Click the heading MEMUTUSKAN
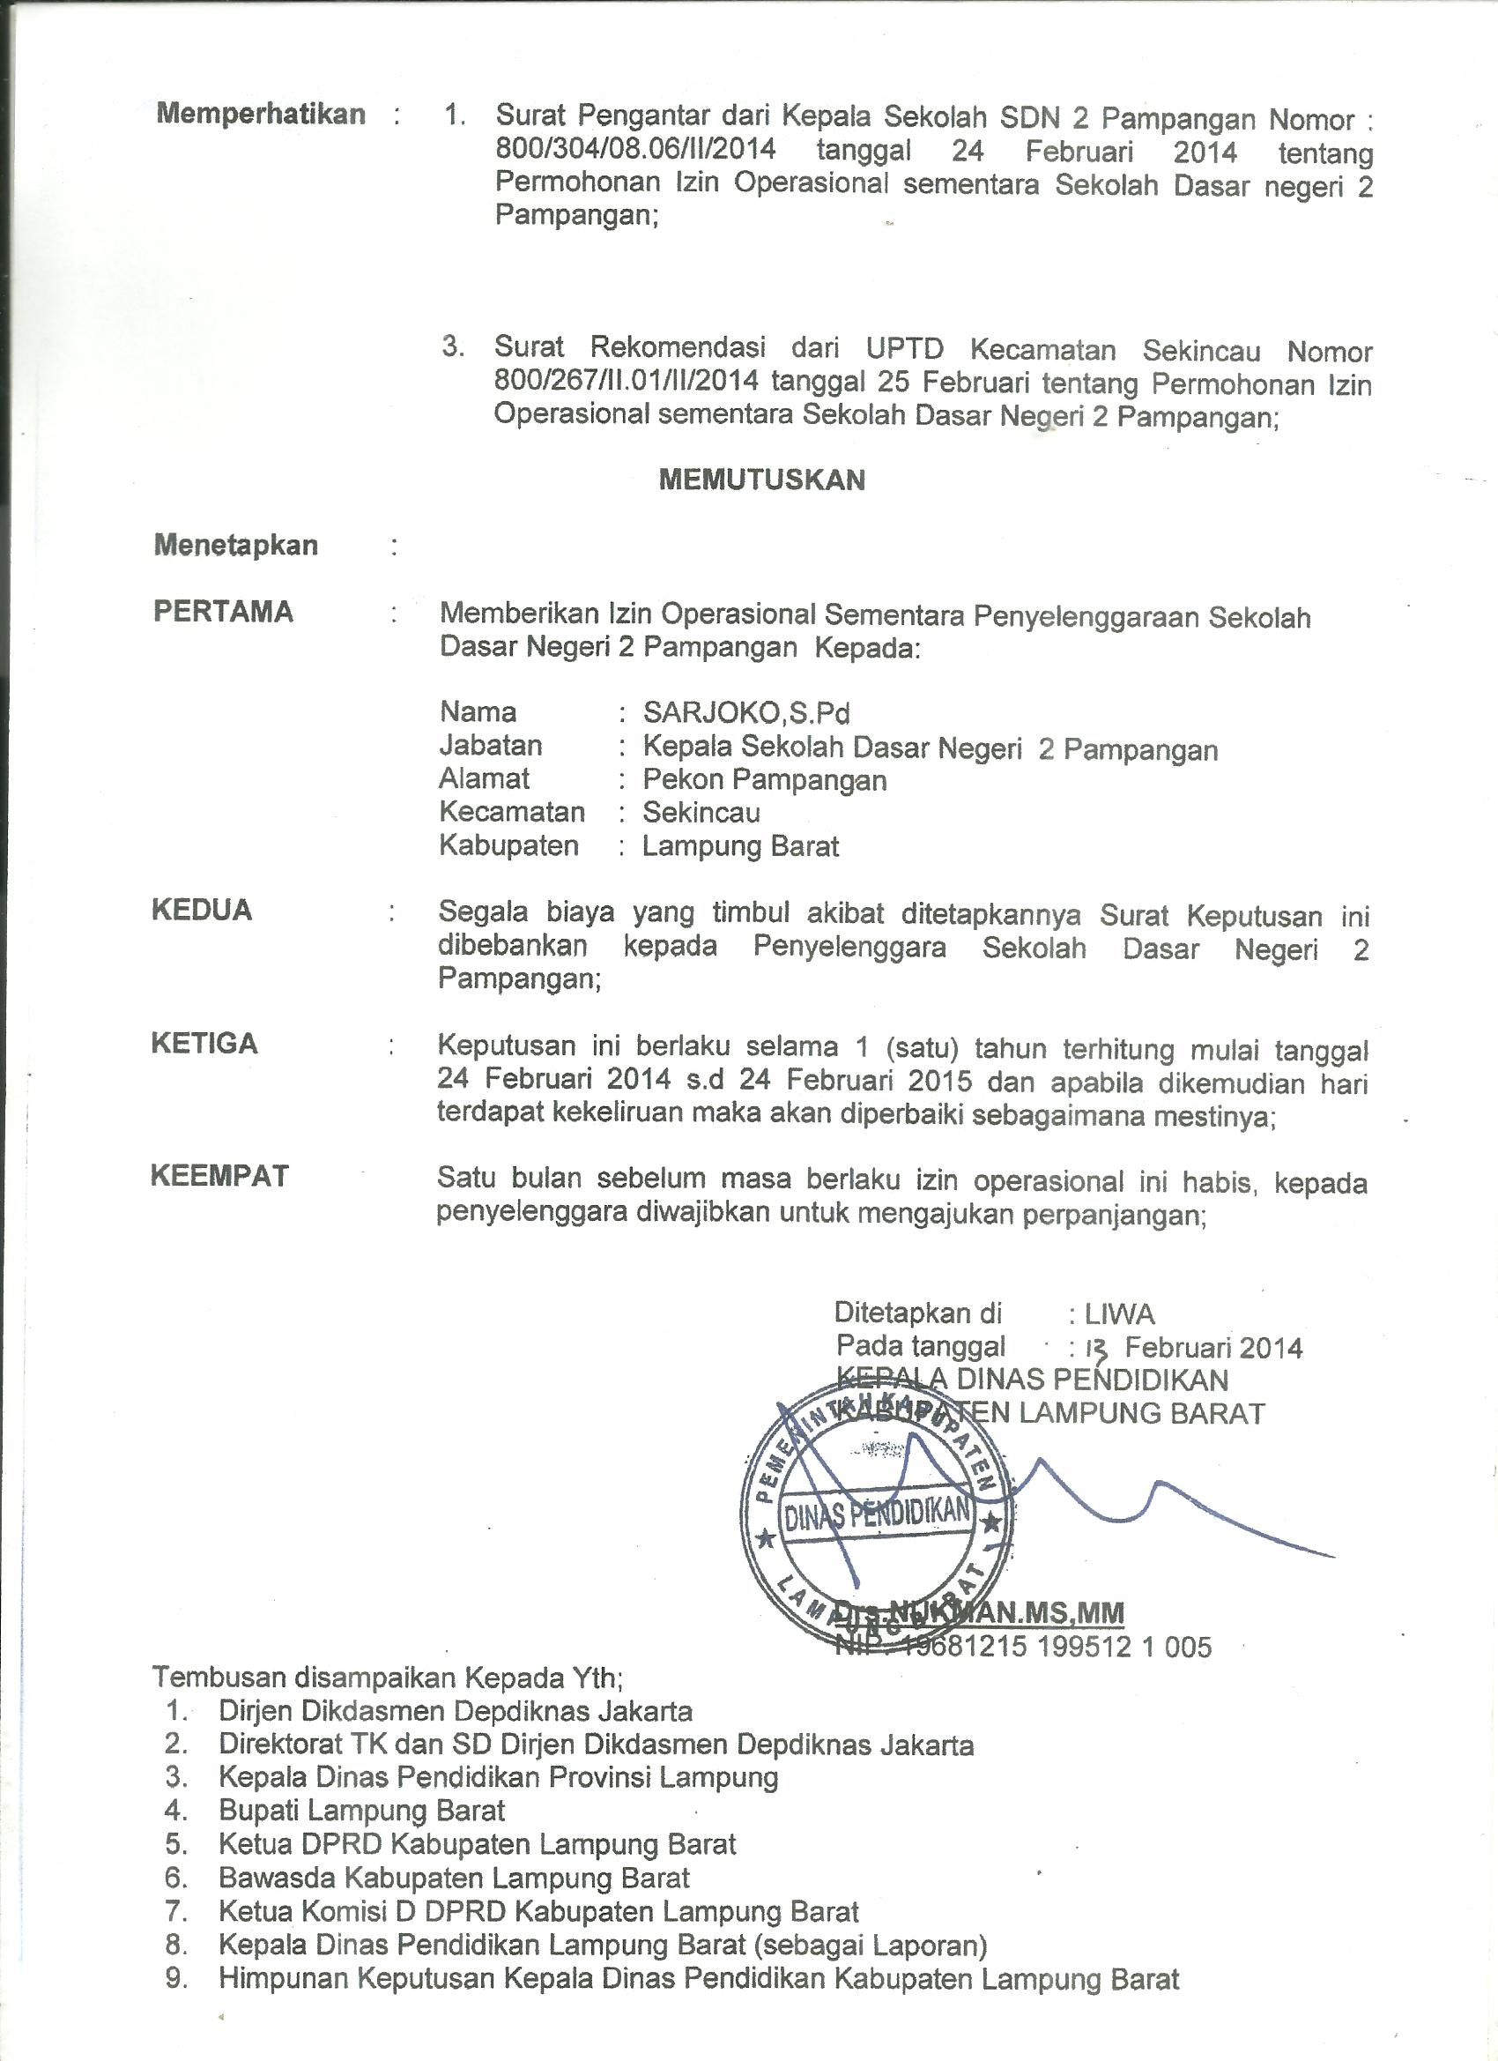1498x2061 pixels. point(761,480)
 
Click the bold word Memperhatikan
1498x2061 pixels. point(261,115)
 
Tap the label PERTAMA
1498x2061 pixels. point(224,612)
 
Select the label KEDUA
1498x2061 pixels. point(202,911)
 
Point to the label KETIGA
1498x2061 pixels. point(204,1043)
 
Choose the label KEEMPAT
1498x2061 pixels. point(219,1176)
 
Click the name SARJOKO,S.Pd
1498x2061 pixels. point(746,713)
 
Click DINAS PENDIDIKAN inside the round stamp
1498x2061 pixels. point(878,1513)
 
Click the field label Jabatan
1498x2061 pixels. point(491,746)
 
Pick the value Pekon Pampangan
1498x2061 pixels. point(765,779)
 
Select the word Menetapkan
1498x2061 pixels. point(236,546)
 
